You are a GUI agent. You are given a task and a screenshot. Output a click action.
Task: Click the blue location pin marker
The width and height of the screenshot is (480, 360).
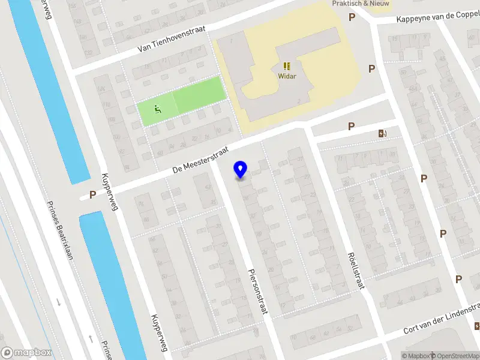click(241, 170)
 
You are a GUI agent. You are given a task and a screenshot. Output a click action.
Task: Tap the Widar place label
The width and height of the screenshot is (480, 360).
click(286, 76)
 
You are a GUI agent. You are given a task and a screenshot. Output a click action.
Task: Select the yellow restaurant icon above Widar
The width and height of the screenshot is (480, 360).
click(286, 66)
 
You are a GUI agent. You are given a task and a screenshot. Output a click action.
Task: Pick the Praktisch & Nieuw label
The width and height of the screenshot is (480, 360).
click(361, 4)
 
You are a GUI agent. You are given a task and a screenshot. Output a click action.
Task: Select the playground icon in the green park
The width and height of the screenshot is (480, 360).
click(158, 109)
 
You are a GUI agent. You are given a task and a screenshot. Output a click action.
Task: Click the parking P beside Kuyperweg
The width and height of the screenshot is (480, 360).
click(92, 194)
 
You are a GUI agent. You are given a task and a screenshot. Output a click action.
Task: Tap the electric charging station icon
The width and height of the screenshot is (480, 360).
click(382, 133)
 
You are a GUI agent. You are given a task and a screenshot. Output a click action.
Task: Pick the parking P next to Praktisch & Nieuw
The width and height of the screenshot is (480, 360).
click(352, 17)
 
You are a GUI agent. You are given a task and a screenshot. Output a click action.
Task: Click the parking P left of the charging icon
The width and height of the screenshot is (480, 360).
click(351, 126)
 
